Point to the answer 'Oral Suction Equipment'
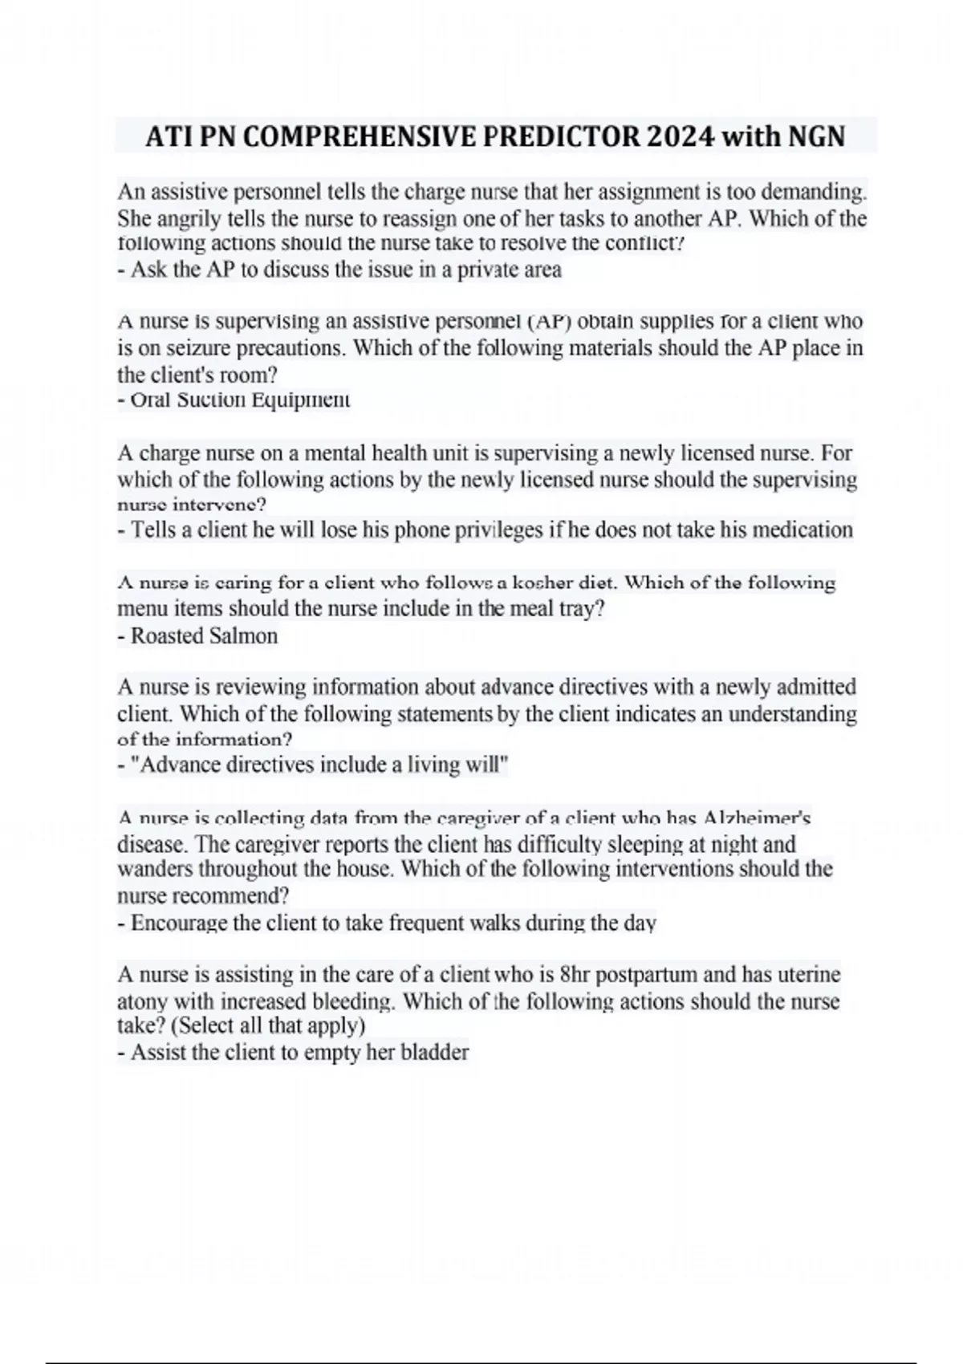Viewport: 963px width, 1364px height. [x=234, y=400]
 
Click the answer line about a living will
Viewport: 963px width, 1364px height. [x=313, y=765]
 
